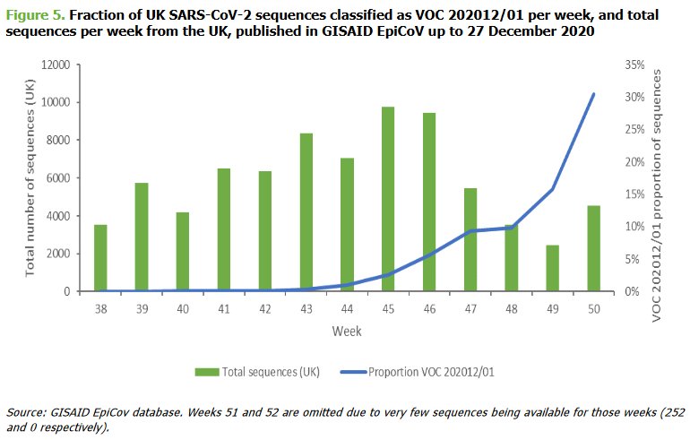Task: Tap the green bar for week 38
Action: click(100, 258)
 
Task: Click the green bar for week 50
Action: click(592, 248)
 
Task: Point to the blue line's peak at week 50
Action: click(592, 93)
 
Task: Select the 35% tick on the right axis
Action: click(632, 65)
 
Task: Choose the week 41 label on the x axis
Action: click(223, 307)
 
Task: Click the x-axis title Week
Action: click(346, 332)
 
